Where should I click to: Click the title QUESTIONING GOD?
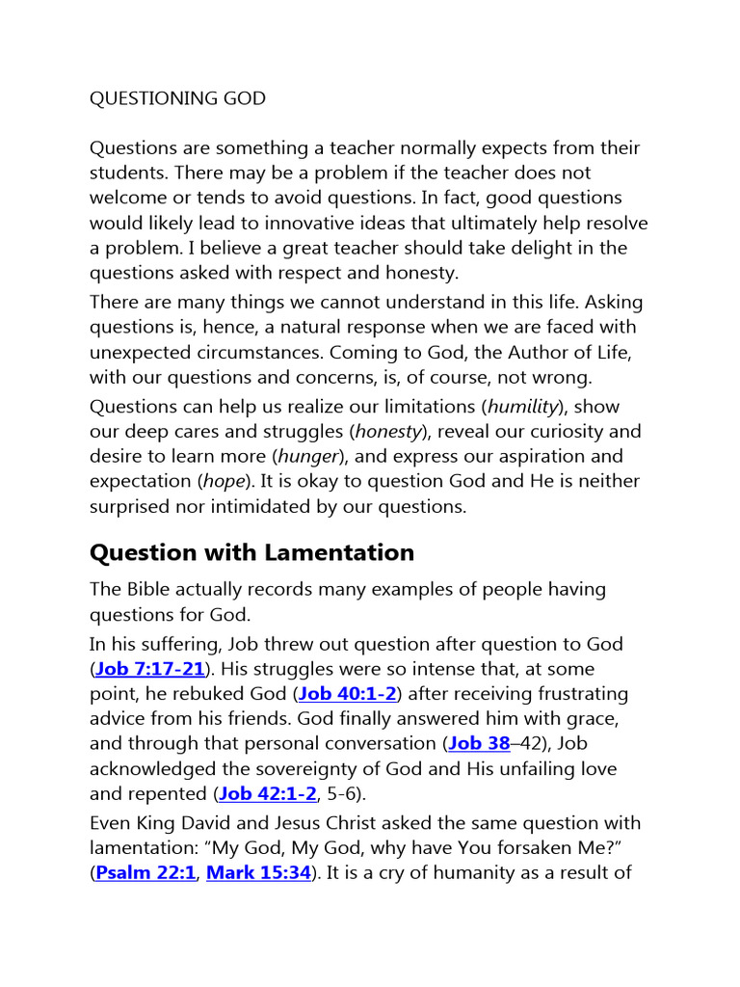click(x=177, y=98)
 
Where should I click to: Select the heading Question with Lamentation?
click(x=251, y=552)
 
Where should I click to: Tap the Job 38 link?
click(x=479, y=743)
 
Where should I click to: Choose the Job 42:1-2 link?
click(x=267, y=793)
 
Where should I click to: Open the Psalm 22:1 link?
click(x=145, y=872)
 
